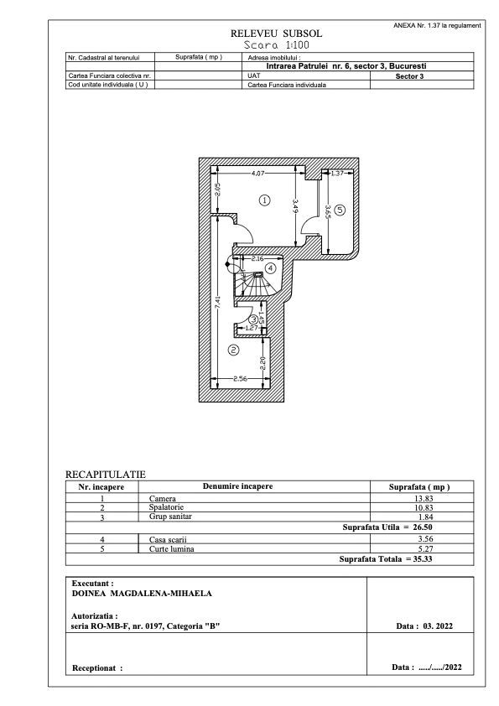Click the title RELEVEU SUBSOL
(x=276, y=34)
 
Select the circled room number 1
(x=264, y=200)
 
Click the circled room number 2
(x=233, y=350)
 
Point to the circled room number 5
(x=340, y=209)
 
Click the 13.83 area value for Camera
(x=422, y=499)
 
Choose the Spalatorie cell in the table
(x=163, y=508)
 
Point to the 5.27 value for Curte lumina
(x=422, y=549)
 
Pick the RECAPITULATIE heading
(x=106, y=475)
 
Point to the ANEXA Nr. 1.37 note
(x=436, y=25)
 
